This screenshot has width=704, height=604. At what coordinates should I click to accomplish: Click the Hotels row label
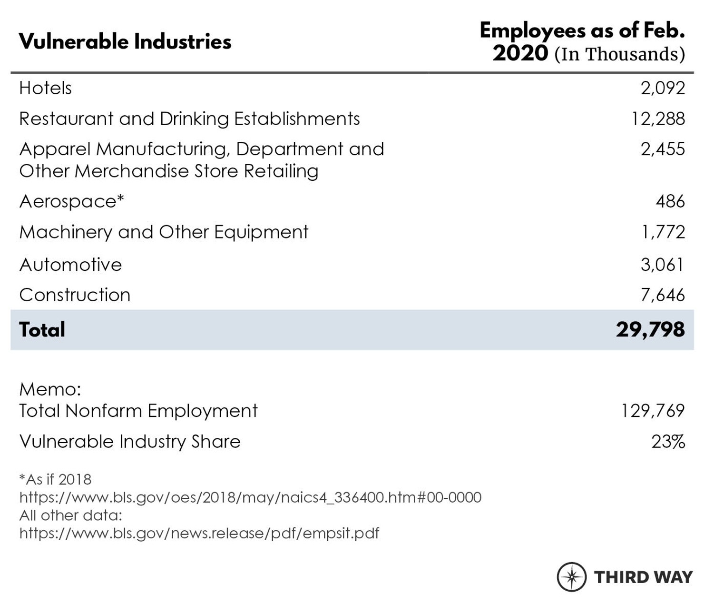click(x=46, y=88)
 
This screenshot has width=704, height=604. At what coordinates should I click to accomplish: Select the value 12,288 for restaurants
click(x=658, y=119)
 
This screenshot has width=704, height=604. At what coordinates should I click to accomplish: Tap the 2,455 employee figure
click(x=663, y=149)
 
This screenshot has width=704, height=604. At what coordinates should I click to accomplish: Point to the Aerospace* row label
click(x=71, y=201)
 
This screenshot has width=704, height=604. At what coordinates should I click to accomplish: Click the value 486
click(x=670, y=201)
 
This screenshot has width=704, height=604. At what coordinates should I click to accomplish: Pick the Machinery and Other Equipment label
click(x=164, y=232)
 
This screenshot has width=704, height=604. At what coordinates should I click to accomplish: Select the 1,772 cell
click(x=663, y=232)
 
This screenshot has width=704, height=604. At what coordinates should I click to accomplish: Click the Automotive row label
click(x=70, y=265)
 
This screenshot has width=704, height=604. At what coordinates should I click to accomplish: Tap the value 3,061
click(x=662, y=265)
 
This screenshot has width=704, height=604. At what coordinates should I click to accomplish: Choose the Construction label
click(x=75, y=295)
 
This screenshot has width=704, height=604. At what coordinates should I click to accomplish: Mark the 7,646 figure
click(x=663, y=295)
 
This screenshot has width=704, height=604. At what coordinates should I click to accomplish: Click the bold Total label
click(x=42, y=330)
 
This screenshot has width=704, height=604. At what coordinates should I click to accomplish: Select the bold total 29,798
click(x=650, y=329)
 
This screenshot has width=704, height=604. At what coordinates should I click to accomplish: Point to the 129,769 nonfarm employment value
click(x=653, y=411)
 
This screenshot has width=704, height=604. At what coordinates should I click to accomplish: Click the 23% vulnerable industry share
click(x=668, y=442)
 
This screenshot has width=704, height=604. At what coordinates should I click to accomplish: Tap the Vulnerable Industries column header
click(x=125, y=41)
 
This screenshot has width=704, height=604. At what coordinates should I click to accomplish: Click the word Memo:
click(x=50, y=389)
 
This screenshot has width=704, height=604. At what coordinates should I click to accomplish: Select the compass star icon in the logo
click(x=572, y=577)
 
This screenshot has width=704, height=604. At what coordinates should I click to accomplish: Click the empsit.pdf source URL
click(x=199, y=533)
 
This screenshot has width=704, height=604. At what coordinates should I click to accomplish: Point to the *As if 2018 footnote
click(x=55, y=479)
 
